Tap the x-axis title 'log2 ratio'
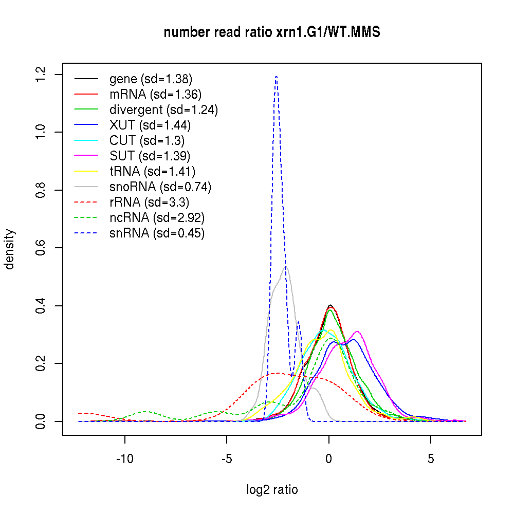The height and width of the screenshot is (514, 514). click(272, 489)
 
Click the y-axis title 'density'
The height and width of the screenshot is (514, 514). click(10, 249)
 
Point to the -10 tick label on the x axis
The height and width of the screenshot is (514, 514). click(124, 458)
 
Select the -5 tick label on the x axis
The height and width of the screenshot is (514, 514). click(227, 458)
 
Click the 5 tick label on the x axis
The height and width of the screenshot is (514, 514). click(431, 458)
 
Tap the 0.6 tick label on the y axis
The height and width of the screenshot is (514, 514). click(41, 248)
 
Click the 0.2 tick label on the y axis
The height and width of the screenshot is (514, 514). click(41, 364)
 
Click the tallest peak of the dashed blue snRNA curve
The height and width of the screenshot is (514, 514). click(277, 77)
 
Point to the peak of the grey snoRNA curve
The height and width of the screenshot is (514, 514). click(286, 266)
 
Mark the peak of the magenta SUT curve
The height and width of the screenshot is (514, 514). click(357, 332)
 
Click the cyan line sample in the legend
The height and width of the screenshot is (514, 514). click(86, 141)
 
